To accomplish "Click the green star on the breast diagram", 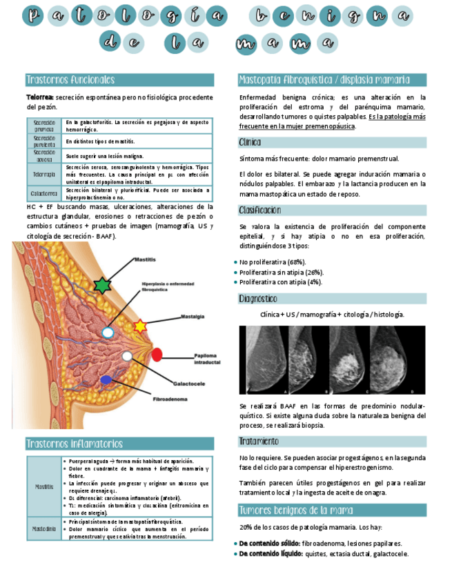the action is coord(102,285).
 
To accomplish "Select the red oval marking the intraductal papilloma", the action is coord(157,355).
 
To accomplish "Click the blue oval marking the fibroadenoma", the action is coord(106,380).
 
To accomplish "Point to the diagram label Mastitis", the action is coord(144,259).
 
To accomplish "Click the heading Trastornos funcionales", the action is coord(70,80).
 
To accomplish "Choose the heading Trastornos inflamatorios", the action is coord(75,444).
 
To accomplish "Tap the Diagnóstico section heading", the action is coord(258,299).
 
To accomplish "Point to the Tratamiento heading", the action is coord(259,441).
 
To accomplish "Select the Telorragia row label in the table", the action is coord(43,175).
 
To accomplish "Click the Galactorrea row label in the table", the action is coord(43,194).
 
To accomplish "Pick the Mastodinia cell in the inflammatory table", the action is coord(43,529).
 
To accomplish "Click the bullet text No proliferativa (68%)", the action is coord(272,262).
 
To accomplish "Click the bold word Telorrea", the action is coord(40,98).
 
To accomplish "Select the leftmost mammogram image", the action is coord(263,359).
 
